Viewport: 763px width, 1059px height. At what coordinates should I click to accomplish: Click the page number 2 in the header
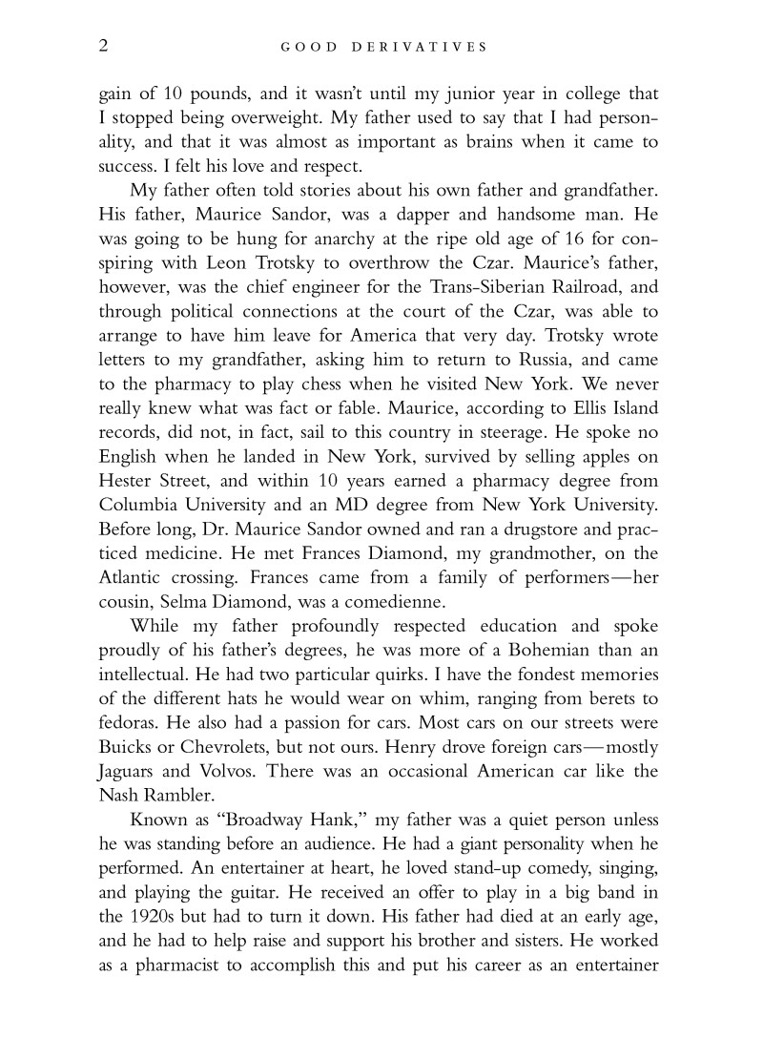click(x=103, y=45)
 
